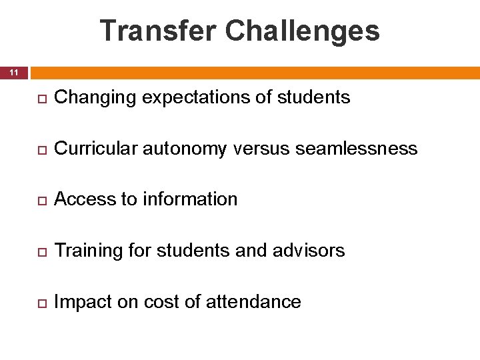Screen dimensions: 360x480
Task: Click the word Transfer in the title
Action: (158, 31)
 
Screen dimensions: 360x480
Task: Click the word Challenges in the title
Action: (303, 31)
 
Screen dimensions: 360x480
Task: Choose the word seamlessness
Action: (357, 149)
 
